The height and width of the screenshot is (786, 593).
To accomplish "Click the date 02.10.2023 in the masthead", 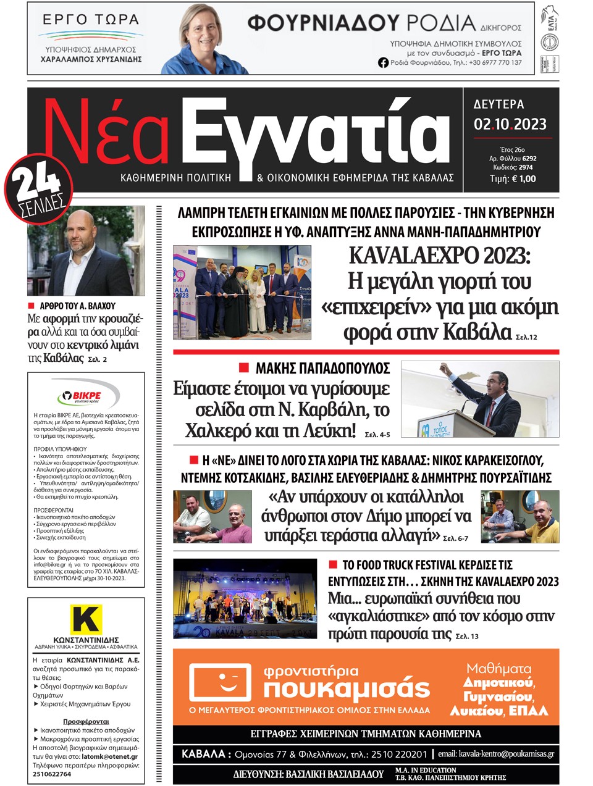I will [x=510, y=124].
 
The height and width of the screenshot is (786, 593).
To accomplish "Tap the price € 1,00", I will [x=513, y=179].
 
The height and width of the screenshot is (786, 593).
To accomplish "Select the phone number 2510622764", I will [x=52, y=774].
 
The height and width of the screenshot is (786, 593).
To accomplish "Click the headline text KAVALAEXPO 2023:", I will [x=439, y=255].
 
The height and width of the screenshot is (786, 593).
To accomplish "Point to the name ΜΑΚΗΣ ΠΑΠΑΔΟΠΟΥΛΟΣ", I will [x=322, y=369].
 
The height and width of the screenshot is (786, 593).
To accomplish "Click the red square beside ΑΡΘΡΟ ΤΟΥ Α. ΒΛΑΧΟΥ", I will [x=31, y=306].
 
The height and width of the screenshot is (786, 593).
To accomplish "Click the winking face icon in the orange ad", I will [x=221, y=684].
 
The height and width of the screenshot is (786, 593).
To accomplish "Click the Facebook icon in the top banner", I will [x=383, y=62].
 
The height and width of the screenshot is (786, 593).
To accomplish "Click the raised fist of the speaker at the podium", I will [x=442, y=368].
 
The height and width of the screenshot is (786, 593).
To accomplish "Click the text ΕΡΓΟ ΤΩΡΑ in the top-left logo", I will [x=91, y=19].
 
